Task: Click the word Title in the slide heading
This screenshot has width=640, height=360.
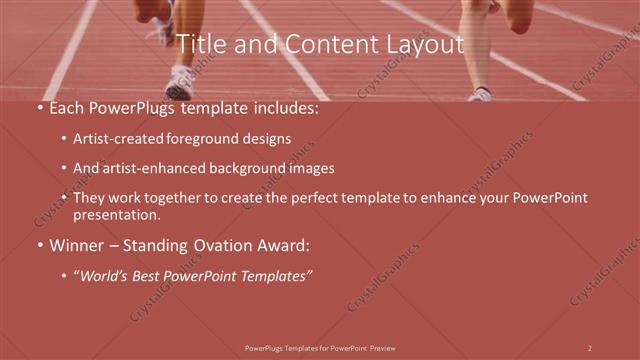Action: point(198,45)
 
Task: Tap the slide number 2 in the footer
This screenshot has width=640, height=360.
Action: point(590,348)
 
